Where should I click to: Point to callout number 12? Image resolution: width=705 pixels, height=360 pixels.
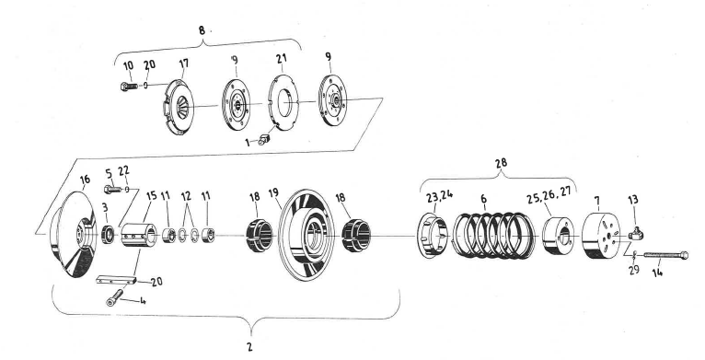(188, 198)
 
